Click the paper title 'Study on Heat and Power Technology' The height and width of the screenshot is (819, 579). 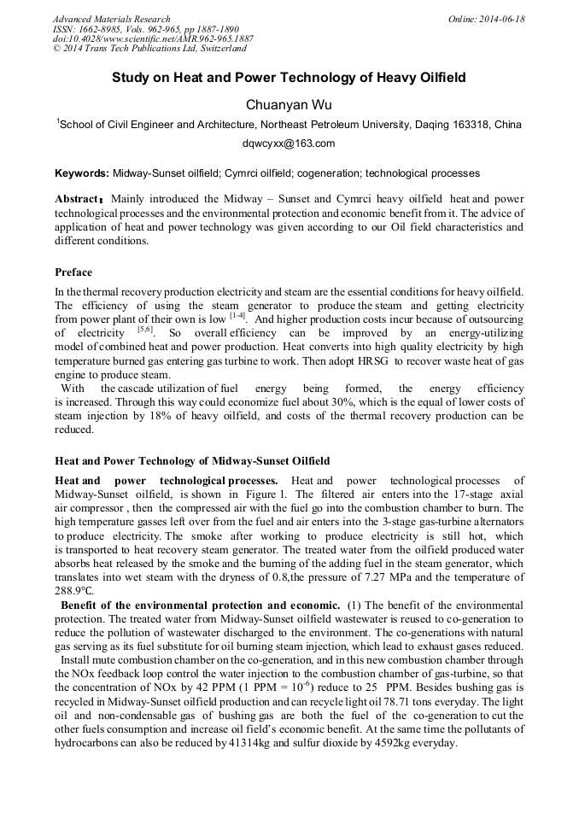tap(289, 78)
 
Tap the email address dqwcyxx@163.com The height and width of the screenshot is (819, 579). tap(289, 143)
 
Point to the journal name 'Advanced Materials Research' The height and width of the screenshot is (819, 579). tap(111, 19)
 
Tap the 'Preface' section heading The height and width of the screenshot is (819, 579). tap(73, 272)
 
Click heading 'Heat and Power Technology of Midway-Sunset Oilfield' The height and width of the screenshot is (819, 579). tap(192, 461)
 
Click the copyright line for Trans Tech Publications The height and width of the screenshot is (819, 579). tap(142, 49)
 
